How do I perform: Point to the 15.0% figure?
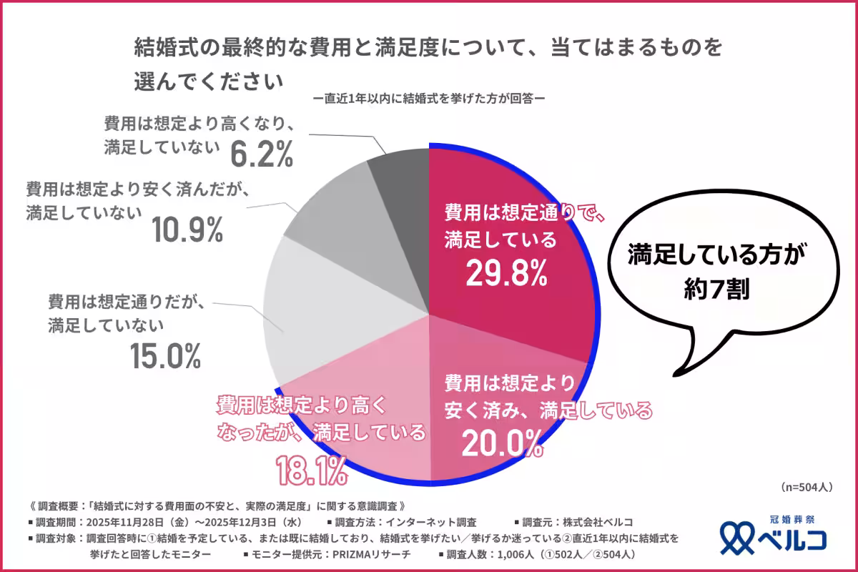point(165,356)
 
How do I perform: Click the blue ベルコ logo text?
point(794,538)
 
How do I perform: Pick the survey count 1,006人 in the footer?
point(524,554)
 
